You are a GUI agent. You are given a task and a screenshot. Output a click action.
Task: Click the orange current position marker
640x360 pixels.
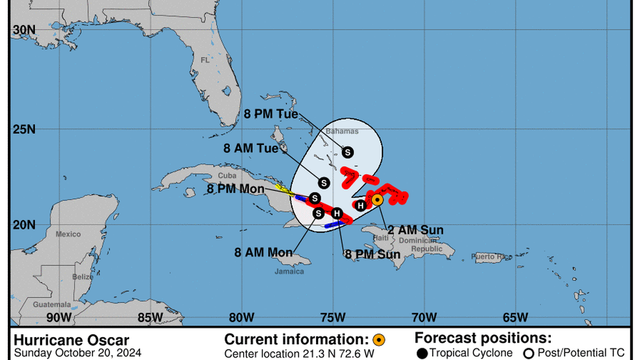click(x=378, y=199)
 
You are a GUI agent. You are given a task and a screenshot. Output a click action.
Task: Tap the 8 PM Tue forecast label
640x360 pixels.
click(x=271, y=113)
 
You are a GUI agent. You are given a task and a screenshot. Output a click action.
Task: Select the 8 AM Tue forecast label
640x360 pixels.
click(x=251, y=148)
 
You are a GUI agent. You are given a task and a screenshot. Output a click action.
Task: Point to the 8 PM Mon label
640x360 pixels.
click(x=235, y=189)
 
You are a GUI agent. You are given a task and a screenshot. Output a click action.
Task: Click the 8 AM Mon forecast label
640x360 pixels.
click(x=264, y=252)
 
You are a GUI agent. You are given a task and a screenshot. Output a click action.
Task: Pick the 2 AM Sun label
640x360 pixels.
click(x=415, y=230)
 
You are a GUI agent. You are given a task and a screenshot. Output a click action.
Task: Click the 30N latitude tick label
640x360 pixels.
click(x=24, y=30)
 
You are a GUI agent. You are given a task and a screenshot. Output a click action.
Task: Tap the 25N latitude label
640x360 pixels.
click(x=24, y=129)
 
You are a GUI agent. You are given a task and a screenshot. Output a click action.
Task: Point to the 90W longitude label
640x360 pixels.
click(x=58, y=317)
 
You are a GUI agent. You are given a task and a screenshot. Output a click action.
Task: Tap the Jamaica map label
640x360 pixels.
click(x=290, y=271)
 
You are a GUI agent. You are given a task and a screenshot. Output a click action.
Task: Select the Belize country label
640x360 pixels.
click(x=83, y=277)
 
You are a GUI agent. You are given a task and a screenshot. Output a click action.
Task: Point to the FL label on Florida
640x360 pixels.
click(x=205, y=60)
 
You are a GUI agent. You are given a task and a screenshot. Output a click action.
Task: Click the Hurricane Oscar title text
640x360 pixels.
click(x=71, y=340)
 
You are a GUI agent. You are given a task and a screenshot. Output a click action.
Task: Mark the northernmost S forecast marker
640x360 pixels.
click(x=348, y=152)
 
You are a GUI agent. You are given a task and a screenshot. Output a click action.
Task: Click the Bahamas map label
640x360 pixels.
click(x=341, y=131)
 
